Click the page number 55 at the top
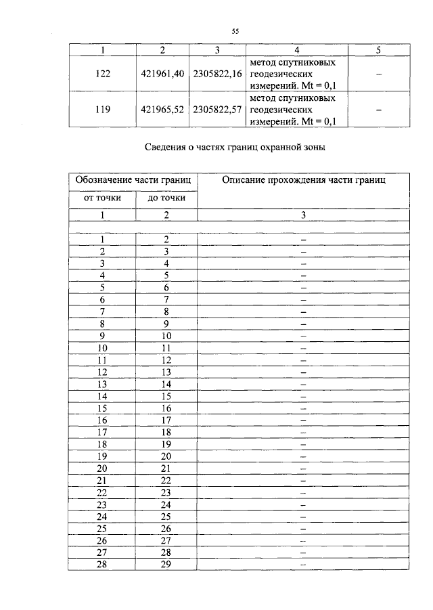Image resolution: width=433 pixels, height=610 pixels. pyautogui.click(x=235, y=30)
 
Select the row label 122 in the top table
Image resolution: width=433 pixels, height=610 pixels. pyautogui.click(x=104, y=74)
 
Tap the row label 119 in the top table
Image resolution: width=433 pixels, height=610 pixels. pyautogui.click(x=104, y=109)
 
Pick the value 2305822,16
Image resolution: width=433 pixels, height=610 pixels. pyautogui.click(x=217, y=74)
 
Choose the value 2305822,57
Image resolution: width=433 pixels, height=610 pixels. pyautogui.click(x=217, y=109)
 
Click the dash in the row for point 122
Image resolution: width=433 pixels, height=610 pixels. pyautogui.click(x=379, y=74)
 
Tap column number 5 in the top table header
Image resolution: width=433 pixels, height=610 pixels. pyautogui.click(x=379, y=51)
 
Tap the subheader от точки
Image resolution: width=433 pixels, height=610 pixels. pyautogui.click(x=102, y=198)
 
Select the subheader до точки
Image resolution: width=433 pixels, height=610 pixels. pyautogui.click(x=166, y=198)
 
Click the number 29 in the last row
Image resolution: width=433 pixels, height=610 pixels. pyautogui.click(x=166, y=564)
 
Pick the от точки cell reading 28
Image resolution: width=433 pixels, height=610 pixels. pyautogui.click(x=103, y=564)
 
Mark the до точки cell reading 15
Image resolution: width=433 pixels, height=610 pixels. pyautogui.click(x=166, y=396)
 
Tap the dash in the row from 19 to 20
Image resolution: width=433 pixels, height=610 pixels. pyautogui.click(x=303, y=456)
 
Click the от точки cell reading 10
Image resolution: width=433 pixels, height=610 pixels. pyautogui.click(x=103, y=347)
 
